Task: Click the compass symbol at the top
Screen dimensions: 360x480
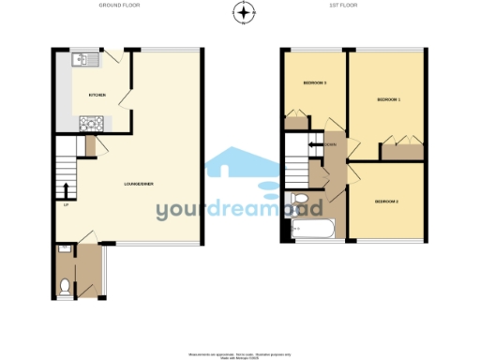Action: pos(244,12)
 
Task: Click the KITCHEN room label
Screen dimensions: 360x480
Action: pos(97,96)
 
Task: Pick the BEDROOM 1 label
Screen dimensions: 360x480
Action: pos(388,98)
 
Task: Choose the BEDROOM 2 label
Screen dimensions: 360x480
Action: pos(387,202)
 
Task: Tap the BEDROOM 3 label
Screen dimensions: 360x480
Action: pos(314,83)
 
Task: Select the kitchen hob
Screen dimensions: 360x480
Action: pos(92,122)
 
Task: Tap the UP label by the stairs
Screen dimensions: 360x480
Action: pos(66,205)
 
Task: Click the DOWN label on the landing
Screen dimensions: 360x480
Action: pos(331,145)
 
